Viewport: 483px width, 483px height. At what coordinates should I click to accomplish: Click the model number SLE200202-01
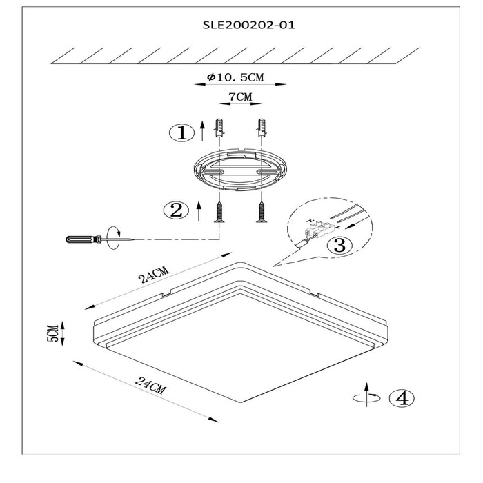click(248, 25)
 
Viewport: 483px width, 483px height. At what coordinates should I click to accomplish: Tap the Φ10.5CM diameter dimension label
click(236, 77)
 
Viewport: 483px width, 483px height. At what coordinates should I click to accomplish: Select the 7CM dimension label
click(240, 97)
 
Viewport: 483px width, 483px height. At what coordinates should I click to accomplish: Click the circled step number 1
click(182, 133)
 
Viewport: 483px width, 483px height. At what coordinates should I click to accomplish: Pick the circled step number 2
click(176, 210)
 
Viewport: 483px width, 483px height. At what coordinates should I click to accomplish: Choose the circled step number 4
click(402, 398)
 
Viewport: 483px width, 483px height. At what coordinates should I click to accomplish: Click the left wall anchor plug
click(219, 128)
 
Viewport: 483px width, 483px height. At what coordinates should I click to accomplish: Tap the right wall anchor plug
click(262, 128)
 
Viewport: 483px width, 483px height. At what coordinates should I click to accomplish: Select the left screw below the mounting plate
click(219, 212)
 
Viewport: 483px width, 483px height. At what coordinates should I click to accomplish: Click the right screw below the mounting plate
click(262, 212)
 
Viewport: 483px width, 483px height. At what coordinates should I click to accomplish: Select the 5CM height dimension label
click(52, 333)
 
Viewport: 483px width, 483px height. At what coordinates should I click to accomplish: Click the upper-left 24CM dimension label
click(154, 275)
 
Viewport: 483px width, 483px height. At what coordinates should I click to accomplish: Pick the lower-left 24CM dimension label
click(150, 385)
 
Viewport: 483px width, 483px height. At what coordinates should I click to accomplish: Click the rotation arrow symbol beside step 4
click(366, 395)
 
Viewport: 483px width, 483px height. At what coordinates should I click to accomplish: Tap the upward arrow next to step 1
click(202, 131)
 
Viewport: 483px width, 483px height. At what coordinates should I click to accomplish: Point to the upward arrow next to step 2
click(199, 211)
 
